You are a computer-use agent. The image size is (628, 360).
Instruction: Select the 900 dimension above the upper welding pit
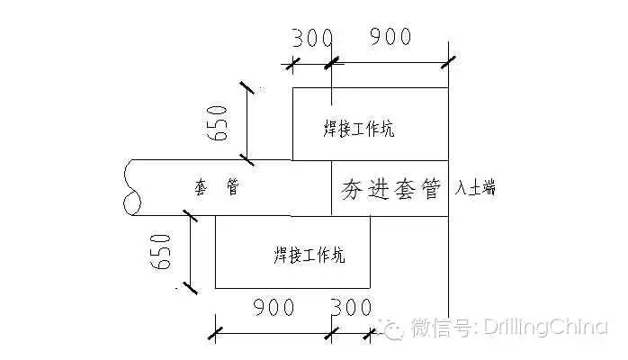(390, 37)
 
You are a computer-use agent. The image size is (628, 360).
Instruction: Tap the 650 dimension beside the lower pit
(159, 249)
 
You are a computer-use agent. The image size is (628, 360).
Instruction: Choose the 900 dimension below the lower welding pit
(273, 308)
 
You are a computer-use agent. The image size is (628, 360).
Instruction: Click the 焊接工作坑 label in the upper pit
(359, 129)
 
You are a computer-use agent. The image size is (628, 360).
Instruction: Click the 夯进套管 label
(390, 189)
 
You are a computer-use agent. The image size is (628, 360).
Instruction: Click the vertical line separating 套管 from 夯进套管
(332, 188)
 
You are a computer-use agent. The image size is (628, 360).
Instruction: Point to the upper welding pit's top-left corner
(292, 88)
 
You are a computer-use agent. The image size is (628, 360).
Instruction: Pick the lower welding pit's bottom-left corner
(216, 288)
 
